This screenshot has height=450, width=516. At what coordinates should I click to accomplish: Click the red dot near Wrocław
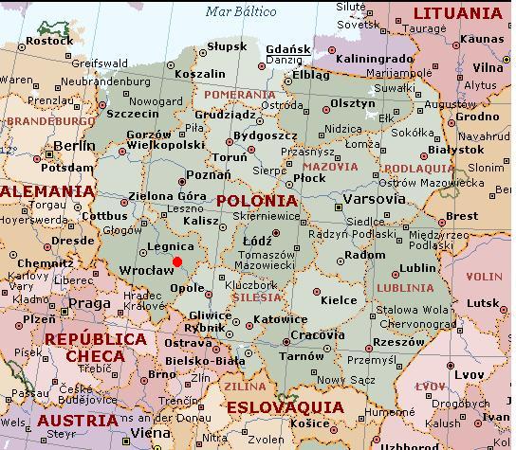(176, 261)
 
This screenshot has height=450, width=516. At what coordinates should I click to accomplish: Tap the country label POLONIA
(256, 202)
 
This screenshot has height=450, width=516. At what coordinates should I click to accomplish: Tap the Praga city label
(90, 303)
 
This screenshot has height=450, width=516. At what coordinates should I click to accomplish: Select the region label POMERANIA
(232, 95)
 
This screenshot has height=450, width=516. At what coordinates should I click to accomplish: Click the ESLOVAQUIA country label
(285, 407)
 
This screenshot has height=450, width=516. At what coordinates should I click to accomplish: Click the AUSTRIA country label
(73, 420)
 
